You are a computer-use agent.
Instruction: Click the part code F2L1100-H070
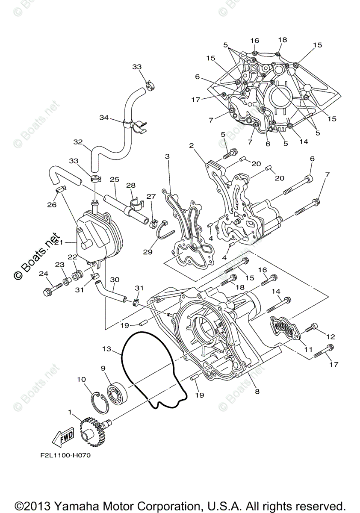tap(63, 455)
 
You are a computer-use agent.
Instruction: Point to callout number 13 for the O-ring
tap(106, 349)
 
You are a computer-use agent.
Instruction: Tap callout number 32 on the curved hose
tap(77, 142)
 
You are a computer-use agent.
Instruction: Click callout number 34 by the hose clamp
tap(104, 117)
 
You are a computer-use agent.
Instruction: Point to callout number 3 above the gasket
tap(167, 157)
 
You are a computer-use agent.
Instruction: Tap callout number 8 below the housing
tap(257, 391)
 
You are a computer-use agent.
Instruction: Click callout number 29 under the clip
tap(148, 252)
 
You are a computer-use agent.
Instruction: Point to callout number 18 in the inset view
tap(282, 40)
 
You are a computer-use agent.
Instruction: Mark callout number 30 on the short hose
tap(114, 280)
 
